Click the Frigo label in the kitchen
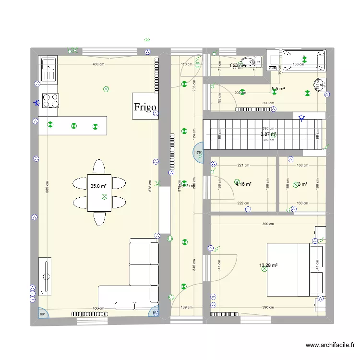click(145, 106)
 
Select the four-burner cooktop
click(50, 100)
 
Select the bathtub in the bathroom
click(303, 60)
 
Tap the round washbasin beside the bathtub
click(319, 85)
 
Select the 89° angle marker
click(42, 313)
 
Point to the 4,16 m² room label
click(243, 184)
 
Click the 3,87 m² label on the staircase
click(268, 134)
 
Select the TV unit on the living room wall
click(46, 276)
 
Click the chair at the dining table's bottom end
click(99, 218)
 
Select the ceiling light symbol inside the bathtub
click(304, 60)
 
